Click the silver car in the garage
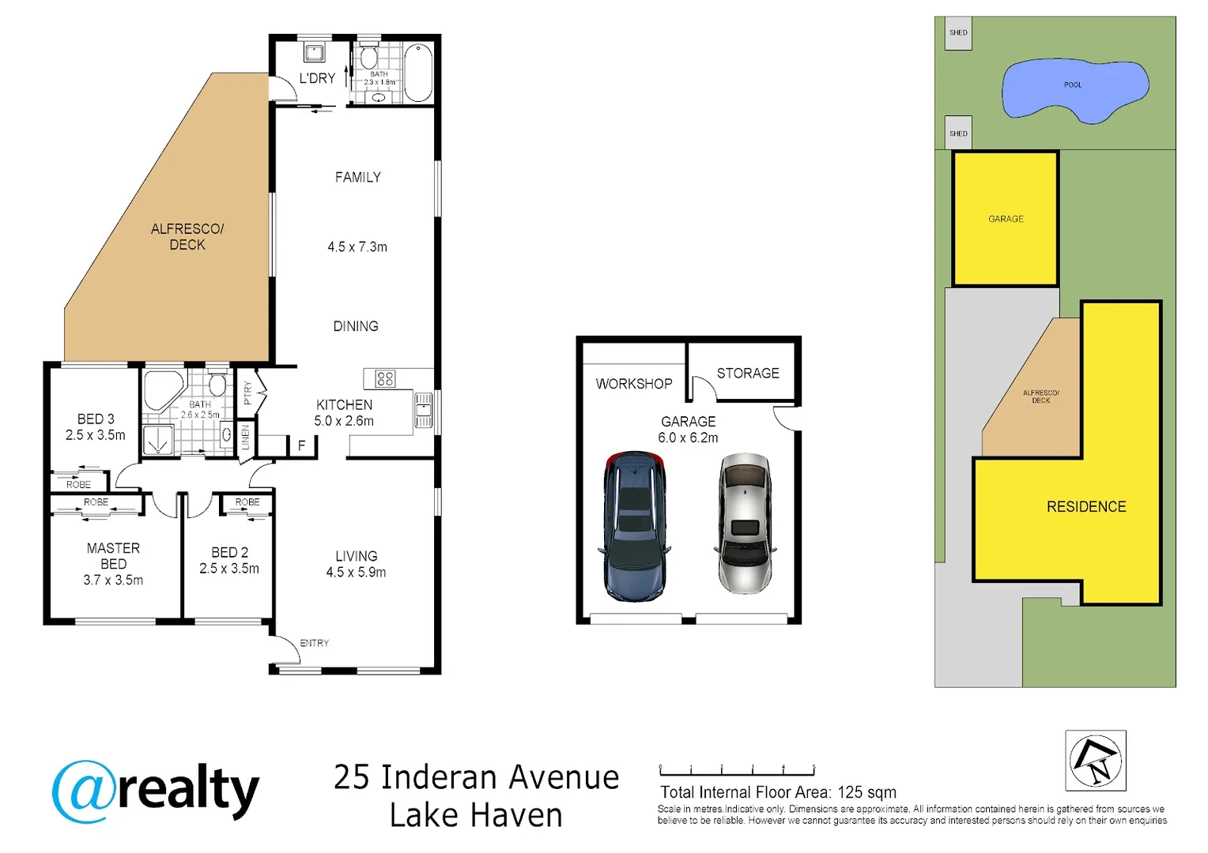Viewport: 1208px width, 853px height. pyautogui.click(x=744, y=524)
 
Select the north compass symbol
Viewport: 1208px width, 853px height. pyautogui.click(x=1095, y=761)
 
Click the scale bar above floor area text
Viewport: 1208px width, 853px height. pyautogui.click(x=737, y=770)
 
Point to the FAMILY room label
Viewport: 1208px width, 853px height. pyautogui.click(x=357, y=178)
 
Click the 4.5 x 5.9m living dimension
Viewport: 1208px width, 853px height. pyautogui.click(x=356, y=573)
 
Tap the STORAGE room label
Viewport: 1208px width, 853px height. pyautogui.click(x=748, y=373)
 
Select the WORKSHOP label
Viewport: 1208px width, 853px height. pyautogui.click(x=634, y=384)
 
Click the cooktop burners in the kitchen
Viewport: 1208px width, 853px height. pyautogui.click(x=385, y=379)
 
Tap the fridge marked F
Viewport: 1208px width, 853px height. pyautogui.click(x=301, y=446)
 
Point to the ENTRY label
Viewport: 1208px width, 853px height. pyautogui.click(x=314, y=643)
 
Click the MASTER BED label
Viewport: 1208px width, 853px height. pyautogui.click(x=113, y=555)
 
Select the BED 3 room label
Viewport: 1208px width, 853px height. pyautogui.click(x=96, y=419)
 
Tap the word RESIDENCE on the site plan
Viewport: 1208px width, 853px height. pyautogui.click(x=1085, y=507)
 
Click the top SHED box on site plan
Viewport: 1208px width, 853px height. pyautogui.click(x=958, y=33)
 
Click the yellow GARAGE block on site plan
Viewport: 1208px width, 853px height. pyautogui.click(x=1006, y=219)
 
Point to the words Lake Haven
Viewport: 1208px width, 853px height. pyautogui.click(x=476, y=815)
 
